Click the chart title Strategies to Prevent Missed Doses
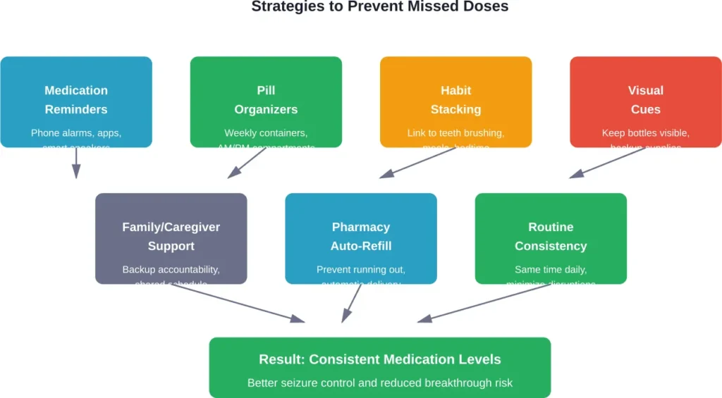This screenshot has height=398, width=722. click(x=379, y=7)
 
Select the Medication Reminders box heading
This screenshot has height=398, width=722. click(x=76, y=99)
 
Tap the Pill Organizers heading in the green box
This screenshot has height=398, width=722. click(x=266, y=99)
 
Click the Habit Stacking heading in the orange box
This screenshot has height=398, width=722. click(x=455, y=99)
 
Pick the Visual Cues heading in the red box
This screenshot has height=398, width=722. click(x=645, y=99)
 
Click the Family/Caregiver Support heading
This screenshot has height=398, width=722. click(x=171, y=236)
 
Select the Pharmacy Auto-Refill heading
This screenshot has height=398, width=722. click(x=360, y=236)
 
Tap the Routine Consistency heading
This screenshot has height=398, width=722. click(x=550, y=236)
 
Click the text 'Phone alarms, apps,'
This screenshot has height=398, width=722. click(x=76, y=132)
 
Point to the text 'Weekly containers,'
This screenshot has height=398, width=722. click(x=266, y=132)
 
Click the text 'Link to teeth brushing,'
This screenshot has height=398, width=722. click(x=455, y=132)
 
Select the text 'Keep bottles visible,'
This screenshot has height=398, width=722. click(x=645, y=132)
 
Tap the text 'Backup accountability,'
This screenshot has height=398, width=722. click(x=171, y=269)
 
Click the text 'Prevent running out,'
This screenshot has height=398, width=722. click(x=360, y=269)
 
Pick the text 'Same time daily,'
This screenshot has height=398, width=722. click(x=550, y=269)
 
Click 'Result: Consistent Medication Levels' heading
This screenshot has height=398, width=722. click(x=379, y=359)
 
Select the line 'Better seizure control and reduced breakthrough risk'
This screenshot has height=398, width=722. click(x=379, y=383)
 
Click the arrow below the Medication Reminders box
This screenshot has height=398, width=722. click(x=76, y=163)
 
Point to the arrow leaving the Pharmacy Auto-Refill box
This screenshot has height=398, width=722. click(x=351, y=304)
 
